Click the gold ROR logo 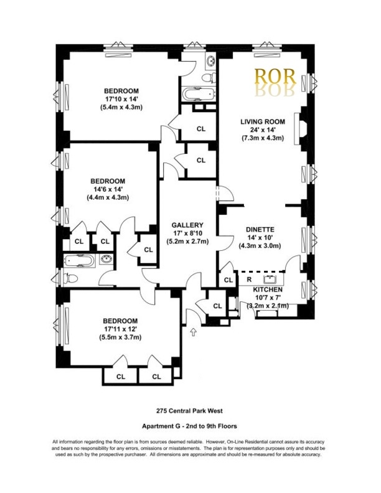click(271, 78)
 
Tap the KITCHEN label click(268, 290)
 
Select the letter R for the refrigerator click(248, 280)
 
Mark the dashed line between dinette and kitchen click(261, 272)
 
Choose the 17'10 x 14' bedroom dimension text click(121, 98)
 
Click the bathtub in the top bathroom click(197, 95)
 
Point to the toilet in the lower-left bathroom click(70, 278)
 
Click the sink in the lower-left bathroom click(105, 260)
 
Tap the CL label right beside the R click(228, 280)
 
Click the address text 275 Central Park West click(189, 411)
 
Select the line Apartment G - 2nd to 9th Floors click(189, 428)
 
